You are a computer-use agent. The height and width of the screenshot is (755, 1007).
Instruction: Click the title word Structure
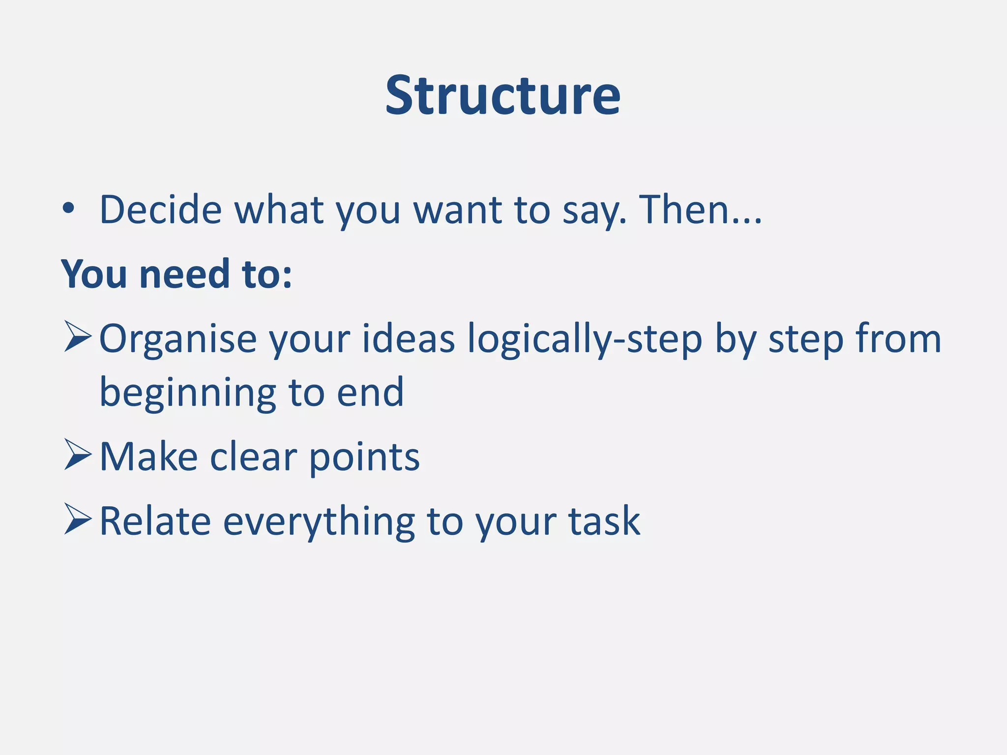click(503, 95)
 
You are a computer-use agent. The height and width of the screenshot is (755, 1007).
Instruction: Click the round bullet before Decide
click(68, 209)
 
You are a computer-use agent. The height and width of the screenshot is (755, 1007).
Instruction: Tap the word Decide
click(161, 210)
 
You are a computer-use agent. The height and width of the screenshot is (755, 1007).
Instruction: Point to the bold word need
click(184, 274)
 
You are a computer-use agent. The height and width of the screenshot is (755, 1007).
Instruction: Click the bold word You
click(93, 274)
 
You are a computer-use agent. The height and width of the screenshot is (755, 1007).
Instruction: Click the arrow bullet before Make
click(78, 455)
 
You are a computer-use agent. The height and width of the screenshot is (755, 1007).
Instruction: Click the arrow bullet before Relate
click(78, 519)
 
